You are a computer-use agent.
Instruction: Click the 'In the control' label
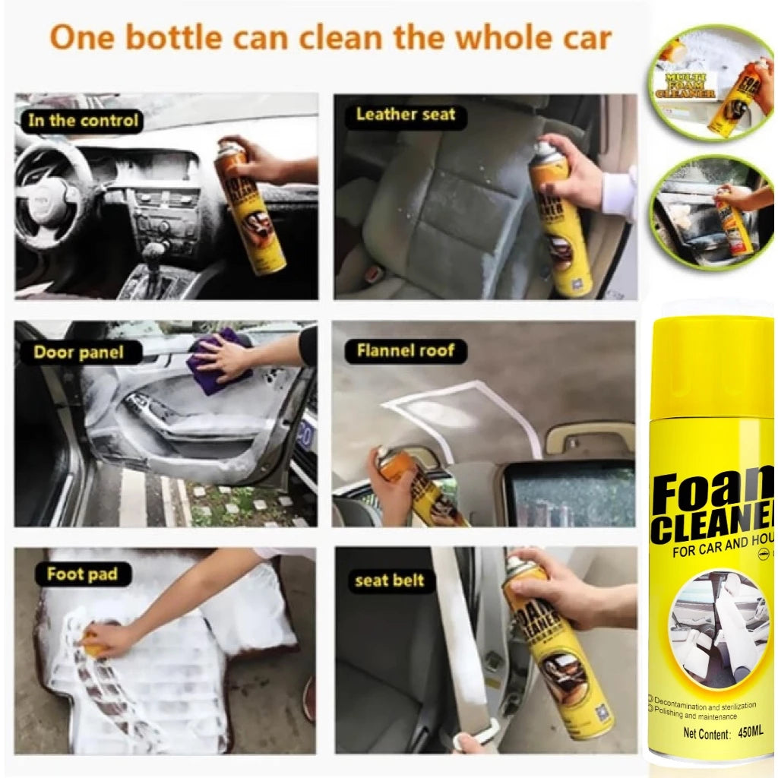83,120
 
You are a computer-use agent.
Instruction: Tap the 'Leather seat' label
405,115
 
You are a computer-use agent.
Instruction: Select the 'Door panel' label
77,353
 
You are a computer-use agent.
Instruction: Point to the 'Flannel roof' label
406,350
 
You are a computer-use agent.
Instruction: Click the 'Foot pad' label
82,574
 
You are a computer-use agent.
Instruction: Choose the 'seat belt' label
389,581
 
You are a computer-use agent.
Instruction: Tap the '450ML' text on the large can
750,734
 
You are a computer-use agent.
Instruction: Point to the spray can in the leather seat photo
558,220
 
